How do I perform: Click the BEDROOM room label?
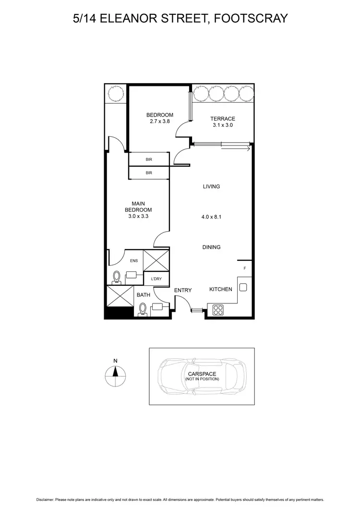tap(159, 115)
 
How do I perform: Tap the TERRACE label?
tap(223, 119)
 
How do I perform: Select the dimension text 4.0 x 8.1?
tap(211, 217)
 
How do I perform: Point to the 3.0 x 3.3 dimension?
tap(138, 217)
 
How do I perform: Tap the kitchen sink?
tap(243, 288)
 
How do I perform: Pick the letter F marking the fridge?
tap(245, 268)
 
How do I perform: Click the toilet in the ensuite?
tap(116, 276)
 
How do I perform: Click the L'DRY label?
tap(156, 279)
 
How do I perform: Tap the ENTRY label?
tap(183, 290)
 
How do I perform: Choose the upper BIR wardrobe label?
tap(149, 159)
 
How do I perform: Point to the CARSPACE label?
tap(202, 374)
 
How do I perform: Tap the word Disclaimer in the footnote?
tap(44, 500)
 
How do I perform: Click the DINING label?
tap(211, 247)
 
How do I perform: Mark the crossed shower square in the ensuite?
tap(156, 261)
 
